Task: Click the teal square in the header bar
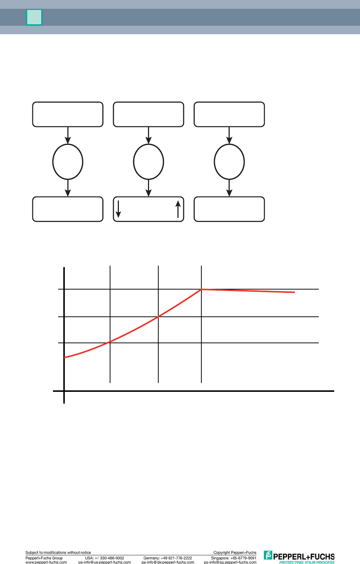34,17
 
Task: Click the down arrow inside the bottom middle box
118,209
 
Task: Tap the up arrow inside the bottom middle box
178,209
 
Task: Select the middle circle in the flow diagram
148,162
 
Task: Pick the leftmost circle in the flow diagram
68,162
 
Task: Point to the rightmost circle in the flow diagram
229,162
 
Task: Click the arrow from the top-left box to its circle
68,135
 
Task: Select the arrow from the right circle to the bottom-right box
229,188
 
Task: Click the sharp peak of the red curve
201,290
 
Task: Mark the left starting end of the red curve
65,357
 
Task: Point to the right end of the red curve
294,292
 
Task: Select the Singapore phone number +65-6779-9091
243,558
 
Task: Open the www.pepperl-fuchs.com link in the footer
46,562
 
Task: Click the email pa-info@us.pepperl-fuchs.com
105,562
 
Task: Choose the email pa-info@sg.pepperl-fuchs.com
230,562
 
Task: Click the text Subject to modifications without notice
58,553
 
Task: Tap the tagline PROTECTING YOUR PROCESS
307,562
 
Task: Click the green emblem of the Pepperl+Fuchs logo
268,555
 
